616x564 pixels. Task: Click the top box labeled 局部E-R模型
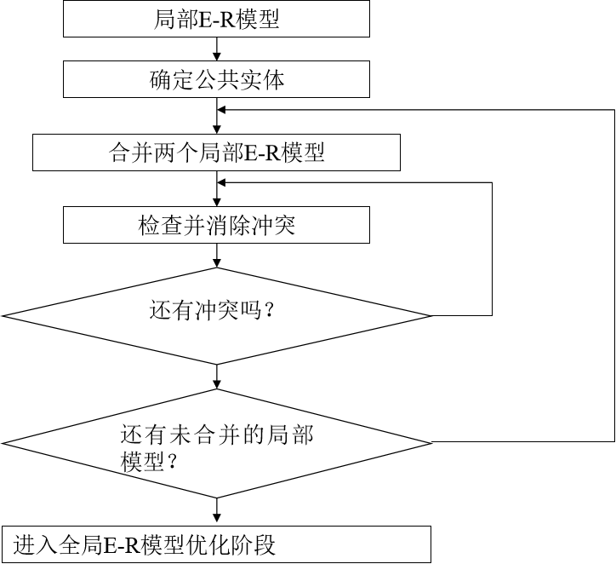tap(216, 20)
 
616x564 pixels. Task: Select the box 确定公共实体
tap(216, 81)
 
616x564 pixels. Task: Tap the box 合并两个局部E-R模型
tap(216, 153)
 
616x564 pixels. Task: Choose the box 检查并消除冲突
tap(216, 226)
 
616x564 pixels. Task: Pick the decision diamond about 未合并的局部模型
tap(216, 443)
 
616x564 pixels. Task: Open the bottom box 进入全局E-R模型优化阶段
tap(216, 544)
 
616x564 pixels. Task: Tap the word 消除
tap(231, 227)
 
